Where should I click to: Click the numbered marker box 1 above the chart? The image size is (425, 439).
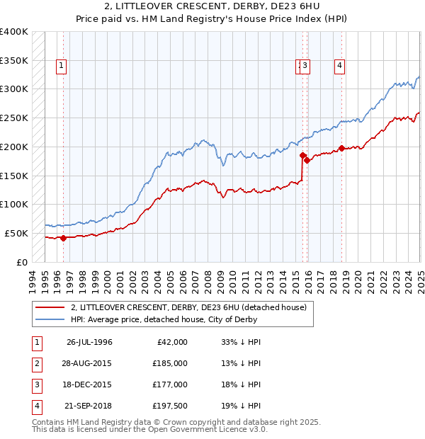[62, 66]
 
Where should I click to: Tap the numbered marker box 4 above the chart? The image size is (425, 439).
[340, 66]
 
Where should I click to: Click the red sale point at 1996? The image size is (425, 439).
[63, 238]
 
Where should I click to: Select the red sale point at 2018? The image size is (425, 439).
[341, 148]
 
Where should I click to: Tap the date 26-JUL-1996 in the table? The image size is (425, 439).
[89, 342]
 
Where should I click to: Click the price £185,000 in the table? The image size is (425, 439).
[171, 363]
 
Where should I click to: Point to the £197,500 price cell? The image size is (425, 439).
[171, 406]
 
